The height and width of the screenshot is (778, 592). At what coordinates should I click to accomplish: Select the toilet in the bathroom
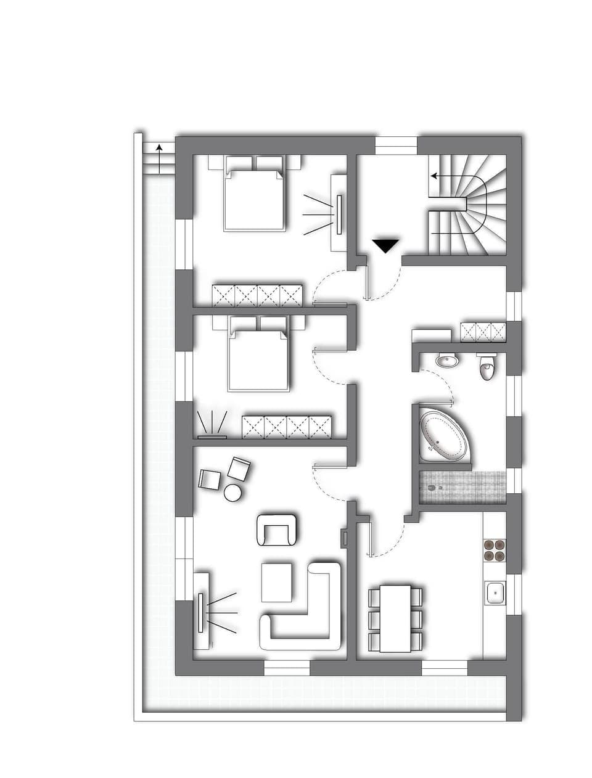[487, 368]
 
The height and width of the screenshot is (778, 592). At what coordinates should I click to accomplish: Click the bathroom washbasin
[446, 359]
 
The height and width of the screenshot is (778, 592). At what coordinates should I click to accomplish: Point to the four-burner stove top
[494, 549]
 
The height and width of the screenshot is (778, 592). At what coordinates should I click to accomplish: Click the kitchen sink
[495, 594]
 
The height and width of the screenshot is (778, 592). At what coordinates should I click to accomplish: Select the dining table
[395, 618]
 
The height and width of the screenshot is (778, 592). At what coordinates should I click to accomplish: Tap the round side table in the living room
[232, 493]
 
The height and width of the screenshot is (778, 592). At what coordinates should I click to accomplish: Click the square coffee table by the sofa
[277, 581]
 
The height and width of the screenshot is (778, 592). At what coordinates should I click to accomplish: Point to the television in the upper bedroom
[339, 213]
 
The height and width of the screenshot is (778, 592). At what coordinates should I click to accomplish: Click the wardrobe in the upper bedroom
[257, 295]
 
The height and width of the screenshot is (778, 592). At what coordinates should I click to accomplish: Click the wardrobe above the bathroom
[483, 332]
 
